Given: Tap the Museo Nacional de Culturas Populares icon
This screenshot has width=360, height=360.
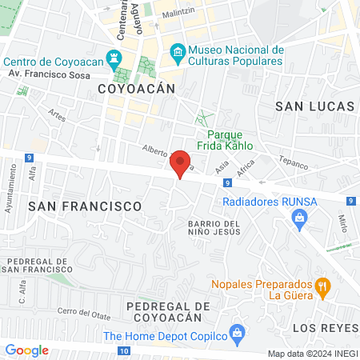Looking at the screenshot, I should pos(178,54).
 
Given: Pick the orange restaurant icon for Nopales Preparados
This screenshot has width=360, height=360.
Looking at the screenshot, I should pos(323,285).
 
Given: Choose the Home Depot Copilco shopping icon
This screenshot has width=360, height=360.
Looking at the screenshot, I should pos(236,332).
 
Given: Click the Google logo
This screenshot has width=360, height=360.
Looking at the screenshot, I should pos(26,350).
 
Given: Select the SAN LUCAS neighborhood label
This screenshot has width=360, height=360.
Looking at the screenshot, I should pos(314,106).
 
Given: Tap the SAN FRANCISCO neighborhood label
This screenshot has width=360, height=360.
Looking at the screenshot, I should pos(84,206).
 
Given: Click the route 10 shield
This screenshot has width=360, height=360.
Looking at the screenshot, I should pos(122,350).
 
